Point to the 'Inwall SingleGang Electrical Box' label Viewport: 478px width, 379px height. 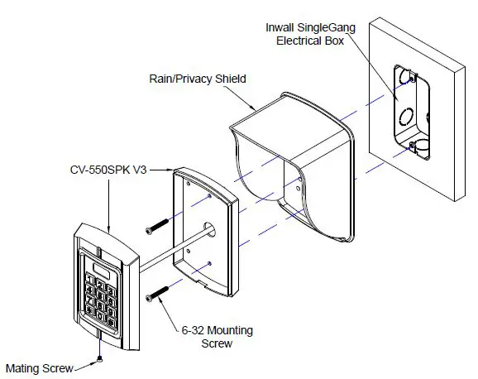[x=310, y=33]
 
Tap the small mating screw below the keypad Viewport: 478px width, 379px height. [x=98, y=358]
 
